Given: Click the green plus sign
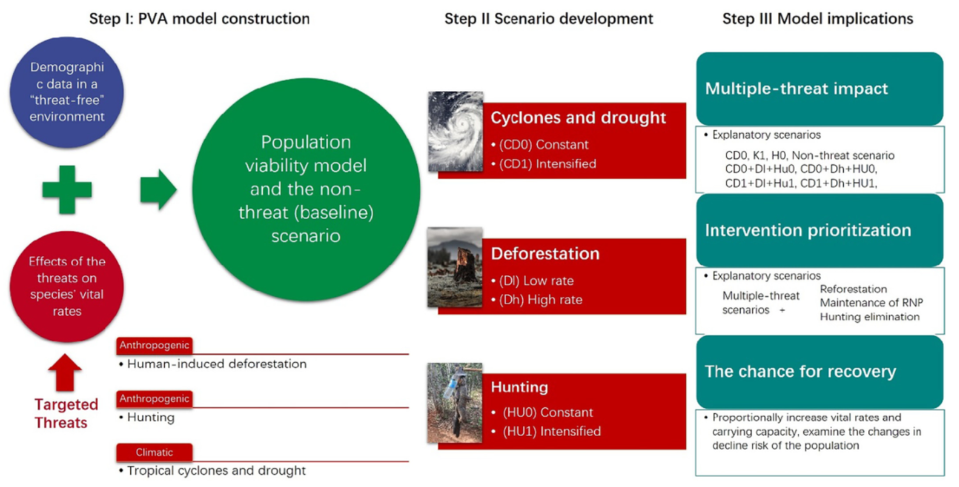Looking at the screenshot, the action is [x=67, y=190].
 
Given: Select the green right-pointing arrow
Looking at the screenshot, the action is [x=159, y=190].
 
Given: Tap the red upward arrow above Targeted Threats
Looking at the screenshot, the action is [x=65, y=373].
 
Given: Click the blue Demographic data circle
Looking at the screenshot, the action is [x=67, y=92].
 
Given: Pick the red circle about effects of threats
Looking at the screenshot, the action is [x=67, y=286].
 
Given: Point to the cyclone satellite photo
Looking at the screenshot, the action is [x=456, y=131].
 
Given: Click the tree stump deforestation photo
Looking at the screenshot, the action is [x=455, y=267].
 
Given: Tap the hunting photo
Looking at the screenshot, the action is [x=455, y=403].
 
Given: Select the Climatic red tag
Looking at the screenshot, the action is [x=154, y=452].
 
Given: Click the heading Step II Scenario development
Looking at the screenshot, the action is [x=549, y=19].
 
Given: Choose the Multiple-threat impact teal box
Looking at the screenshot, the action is [x=819, y=89].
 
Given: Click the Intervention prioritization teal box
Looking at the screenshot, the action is [x=819, y=230].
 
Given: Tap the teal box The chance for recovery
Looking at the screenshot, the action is [x=819, y=372].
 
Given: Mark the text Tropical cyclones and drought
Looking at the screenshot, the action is [x=216, y=471].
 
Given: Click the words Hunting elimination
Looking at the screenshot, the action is [x=869, y=317].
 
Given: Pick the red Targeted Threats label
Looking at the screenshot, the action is [x=66, y=413].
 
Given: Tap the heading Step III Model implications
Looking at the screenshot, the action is [x=818, y=19].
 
